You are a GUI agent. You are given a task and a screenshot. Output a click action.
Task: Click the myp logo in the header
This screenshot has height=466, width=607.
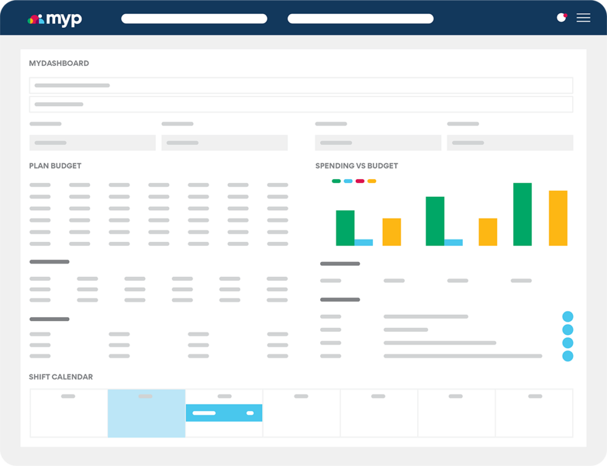pos(55,19)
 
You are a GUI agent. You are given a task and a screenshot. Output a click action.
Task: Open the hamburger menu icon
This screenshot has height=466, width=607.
pos(583,18)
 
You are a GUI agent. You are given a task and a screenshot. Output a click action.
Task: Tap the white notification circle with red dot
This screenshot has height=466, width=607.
pos(561,18)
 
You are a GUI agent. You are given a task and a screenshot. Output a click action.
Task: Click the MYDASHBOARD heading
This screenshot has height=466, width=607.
pos(59,63)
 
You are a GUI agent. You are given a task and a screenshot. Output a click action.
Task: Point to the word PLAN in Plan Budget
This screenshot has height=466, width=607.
pos(39,166)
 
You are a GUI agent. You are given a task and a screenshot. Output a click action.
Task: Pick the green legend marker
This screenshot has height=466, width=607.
pos(336,181)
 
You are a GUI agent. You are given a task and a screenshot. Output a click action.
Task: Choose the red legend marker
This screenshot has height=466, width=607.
pos(360,181)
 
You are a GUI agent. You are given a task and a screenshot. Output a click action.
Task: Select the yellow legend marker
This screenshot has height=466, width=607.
pos(372,181)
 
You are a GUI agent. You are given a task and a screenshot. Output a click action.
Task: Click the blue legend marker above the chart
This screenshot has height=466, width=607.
pos(348,181)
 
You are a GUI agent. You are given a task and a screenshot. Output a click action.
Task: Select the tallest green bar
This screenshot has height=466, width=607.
pos(522,214)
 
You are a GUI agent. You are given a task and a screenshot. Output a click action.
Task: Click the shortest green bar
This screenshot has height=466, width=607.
pos(345,228)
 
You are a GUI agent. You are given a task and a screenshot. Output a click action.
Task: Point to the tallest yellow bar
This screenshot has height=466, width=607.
pos(558,218)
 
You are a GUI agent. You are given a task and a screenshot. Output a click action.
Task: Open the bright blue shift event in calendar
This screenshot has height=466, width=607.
pos(224,413)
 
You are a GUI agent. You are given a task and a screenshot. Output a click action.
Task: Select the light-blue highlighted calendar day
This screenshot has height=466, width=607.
pos(146,421)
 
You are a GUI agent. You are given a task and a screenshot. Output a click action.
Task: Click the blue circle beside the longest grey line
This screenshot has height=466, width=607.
pos(567,356)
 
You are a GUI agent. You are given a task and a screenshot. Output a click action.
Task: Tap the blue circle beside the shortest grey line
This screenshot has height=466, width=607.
pos(567,330)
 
